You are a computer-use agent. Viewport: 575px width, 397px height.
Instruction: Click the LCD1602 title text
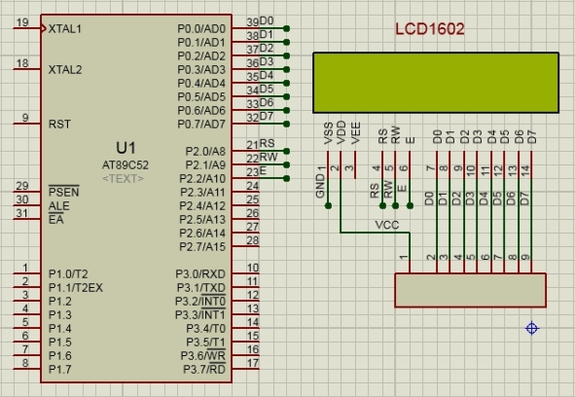[x=430, y=29]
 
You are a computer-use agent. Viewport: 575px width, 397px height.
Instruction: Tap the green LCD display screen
[x=436, y=83]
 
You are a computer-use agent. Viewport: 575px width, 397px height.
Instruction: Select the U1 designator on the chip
[x=126, y=148]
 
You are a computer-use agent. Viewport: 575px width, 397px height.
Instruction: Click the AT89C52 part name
[x=126, y=165]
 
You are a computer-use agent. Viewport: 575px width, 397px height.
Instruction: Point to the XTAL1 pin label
[x=65, y=29]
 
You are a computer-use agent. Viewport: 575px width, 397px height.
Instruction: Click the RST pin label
[x=59, y=125]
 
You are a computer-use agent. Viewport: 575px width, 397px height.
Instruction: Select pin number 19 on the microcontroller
[x=22, y=22]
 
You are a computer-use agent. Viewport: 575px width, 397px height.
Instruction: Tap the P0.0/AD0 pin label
[x=201, y=29]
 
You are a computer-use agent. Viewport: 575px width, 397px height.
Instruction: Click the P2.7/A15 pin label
[x=202, y=247]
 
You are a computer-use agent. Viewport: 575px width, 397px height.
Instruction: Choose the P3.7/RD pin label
[x=204, y=369]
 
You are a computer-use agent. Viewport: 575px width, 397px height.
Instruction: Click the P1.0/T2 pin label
[x=68, y=274]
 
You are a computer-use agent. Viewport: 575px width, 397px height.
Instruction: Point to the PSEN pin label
[x=64, y=192]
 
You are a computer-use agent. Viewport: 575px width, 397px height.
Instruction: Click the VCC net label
[x=387, y=225]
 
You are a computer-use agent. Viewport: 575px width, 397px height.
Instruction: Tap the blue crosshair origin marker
[x=532, y=328]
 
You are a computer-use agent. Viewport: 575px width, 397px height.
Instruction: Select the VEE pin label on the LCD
[x=355, y=133]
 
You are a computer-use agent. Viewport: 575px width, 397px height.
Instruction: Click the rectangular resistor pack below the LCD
[x=471, y=290]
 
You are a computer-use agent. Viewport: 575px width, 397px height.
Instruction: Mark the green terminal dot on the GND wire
[x=328, y=206]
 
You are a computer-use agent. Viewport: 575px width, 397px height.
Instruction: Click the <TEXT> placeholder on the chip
[x=124, y=179]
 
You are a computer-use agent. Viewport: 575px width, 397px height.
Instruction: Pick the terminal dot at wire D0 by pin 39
[x=287, y=28]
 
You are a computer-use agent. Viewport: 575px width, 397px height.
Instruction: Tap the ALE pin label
[x=58, y=206]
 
